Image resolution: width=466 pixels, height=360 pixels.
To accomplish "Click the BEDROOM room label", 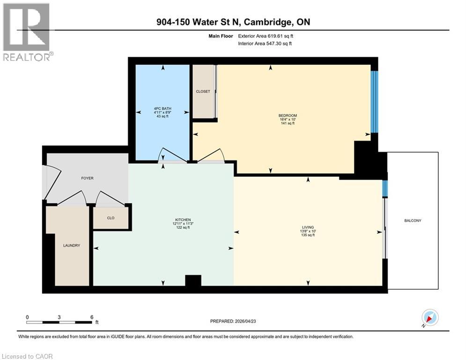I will pos(288,115).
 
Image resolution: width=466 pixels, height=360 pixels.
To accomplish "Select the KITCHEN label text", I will pos(182,219).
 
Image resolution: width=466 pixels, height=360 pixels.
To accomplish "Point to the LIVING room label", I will pos(308,226).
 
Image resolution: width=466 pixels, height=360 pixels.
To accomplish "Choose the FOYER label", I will pos(87,178).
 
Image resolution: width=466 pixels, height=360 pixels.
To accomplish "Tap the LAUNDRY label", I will pos(72,245).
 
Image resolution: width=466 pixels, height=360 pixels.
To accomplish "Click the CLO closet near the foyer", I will pos(111,218).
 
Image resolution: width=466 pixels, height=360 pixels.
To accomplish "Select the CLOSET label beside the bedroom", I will pos(203,91).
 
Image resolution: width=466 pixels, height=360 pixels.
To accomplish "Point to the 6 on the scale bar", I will pos(91,317).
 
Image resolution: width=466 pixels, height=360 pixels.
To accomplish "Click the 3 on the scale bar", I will pos(59,317).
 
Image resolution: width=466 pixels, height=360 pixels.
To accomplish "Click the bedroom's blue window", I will pos(374,102).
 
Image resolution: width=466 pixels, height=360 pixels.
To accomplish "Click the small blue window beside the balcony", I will pos(385,188).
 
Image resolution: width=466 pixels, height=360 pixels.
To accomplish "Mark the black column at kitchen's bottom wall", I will pos(193,280).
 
